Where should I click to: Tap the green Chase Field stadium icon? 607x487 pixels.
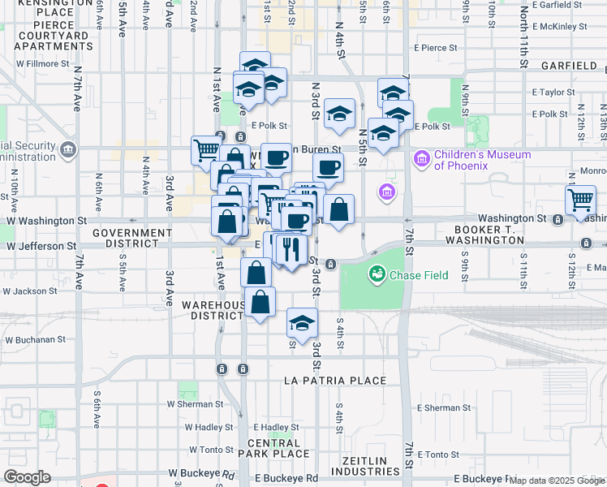pyautogui.click(x=377, y=275)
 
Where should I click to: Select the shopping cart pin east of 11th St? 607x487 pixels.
pyautogui.click(x=581, y=199)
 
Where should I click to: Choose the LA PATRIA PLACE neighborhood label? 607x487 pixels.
pyautogui.click(x=335, y=381)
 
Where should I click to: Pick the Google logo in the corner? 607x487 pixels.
pyautogui.click(x=27, y=477)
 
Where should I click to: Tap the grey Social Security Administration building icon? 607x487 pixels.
pyautogui.click(x=69, y=149)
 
